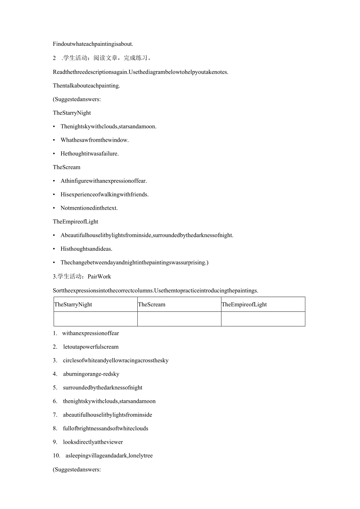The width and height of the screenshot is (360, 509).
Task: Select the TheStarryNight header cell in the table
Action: click(95, 304)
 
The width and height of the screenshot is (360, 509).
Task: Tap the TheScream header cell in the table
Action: click(179, 304)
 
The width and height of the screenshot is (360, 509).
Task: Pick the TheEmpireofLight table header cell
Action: click(263, 304)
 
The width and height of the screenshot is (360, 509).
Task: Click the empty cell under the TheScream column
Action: click(179, 319)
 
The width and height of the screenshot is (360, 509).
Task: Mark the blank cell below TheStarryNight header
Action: click(95, 319)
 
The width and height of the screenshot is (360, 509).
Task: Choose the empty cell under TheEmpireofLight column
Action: click(263, 319)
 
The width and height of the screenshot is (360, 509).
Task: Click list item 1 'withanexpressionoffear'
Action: click(90, 333)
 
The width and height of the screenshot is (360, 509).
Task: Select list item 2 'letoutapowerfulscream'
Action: click(91, 347)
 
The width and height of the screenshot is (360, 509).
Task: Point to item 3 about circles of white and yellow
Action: click(116, 360)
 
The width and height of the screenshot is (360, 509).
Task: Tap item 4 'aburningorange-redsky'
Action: click(91, 374)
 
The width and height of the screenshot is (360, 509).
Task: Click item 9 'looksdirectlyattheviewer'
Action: click(93, 442)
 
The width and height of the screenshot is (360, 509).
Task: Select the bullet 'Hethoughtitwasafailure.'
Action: click(90, 154)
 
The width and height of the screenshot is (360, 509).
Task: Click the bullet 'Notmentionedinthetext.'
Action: click(89, 208)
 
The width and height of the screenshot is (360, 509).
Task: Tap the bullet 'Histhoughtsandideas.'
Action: click(86, 249)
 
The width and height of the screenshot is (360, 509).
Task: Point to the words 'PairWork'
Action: click(99, 277)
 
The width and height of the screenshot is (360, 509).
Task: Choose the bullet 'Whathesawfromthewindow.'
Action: click(94, 140)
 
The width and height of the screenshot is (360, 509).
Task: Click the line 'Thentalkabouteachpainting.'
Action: click(86, 86)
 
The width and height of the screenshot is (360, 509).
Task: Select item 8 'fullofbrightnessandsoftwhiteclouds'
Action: click(106, 428)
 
